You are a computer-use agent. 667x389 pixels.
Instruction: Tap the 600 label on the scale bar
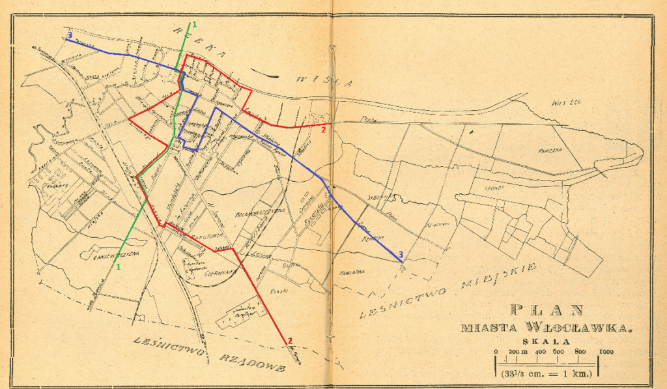558,352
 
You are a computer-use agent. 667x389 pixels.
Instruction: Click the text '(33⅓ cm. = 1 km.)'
546,374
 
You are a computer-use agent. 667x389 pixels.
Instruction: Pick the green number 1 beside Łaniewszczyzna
119,267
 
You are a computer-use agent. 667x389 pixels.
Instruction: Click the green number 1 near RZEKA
193,24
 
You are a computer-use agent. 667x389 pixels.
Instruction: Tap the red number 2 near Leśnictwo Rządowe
289,339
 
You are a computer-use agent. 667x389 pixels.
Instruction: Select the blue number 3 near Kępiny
401,254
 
